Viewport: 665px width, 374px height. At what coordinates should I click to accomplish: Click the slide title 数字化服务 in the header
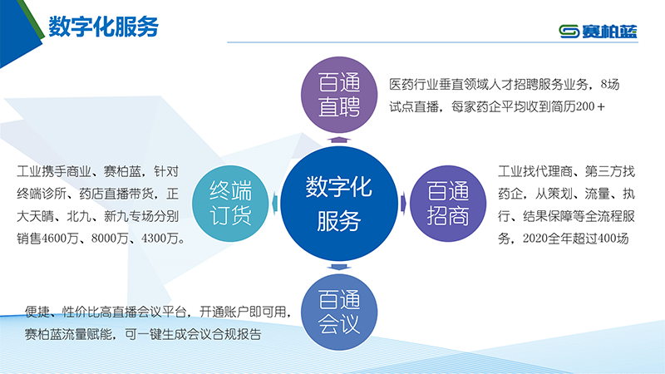(x=103, y=27)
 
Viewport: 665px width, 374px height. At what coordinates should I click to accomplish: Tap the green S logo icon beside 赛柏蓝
(x=569, y=32)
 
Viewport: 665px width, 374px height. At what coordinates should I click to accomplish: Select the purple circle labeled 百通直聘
(x=339, y=95)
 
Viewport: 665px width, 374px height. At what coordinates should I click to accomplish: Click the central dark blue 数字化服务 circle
(x=339, y=204)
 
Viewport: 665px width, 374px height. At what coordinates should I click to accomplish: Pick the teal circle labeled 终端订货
(x=230, y=204)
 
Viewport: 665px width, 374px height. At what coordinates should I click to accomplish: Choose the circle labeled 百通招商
(x=448, y=204)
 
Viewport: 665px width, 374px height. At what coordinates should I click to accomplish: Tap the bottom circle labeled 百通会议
(x=339, y=312)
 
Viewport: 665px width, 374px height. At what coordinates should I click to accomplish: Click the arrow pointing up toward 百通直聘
(x=339, y=140)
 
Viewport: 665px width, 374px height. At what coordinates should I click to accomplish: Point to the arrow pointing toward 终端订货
(x=274, y=204)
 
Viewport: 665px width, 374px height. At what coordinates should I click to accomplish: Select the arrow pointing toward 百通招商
(x=403, y=204)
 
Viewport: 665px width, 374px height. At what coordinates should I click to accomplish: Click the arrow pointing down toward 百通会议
(x=339, y=267)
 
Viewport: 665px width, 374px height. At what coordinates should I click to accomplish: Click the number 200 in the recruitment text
(x=585, y=106)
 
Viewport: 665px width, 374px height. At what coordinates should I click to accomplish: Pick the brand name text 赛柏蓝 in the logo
(x=609, y=32)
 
